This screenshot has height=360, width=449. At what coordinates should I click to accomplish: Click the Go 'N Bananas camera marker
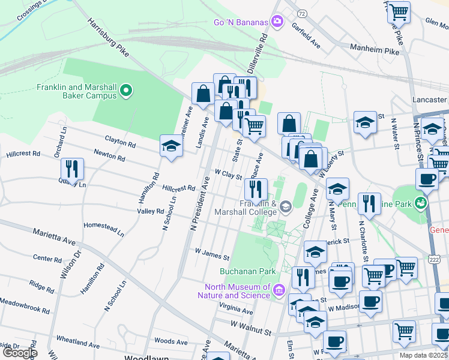pyautogui.click(x=277, y=22)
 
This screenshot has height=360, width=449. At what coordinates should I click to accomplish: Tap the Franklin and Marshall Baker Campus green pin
pyautogui.click(x=126, y=91)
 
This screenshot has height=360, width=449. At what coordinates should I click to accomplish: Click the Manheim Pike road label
pyautogui.click(x=376, y=52)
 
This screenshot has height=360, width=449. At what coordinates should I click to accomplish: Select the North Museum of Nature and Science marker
pyautogui.click(x=279, y=291)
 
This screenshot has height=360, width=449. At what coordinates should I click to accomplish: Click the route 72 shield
pyautogui.click(x=303, y=13)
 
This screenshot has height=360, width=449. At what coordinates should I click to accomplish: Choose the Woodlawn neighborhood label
pyautogui.click(x=145, y=357)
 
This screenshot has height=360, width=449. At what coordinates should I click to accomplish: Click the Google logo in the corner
pyautogui.click(x=19, y=353)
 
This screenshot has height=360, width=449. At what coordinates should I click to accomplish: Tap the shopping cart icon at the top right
pyautogui.click(x=399, y=11)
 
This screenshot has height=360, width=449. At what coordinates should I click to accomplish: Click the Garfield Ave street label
pyautogui.click(x=306, y=36)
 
